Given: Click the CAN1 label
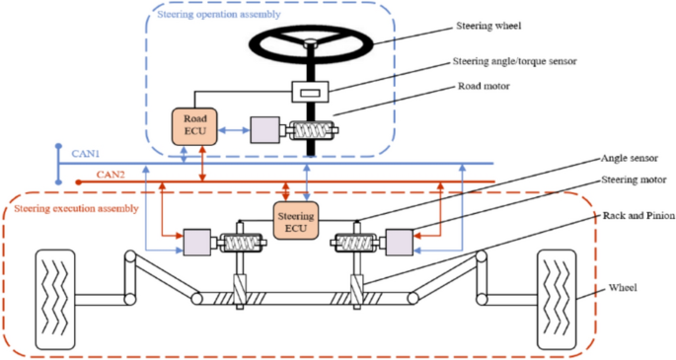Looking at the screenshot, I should [x=87, y=154].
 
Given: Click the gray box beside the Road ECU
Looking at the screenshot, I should [x=266, y=130].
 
